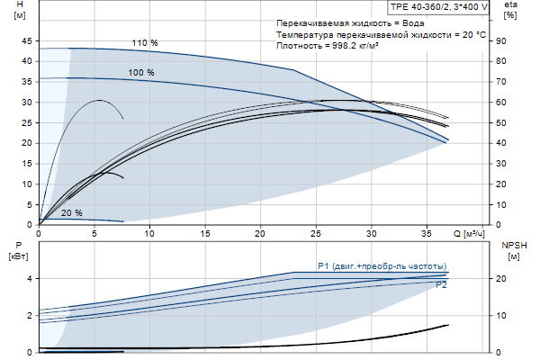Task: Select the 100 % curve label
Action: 141,72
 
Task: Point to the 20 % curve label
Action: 72,213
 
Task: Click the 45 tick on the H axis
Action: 26,40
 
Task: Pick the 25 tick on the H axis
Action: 26,122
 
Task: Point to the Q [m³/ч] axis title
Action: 468,233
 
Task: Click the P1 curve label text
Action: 382,265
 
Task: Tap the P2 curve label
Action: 441,284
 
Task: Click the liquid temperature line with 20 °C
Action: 382,32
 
